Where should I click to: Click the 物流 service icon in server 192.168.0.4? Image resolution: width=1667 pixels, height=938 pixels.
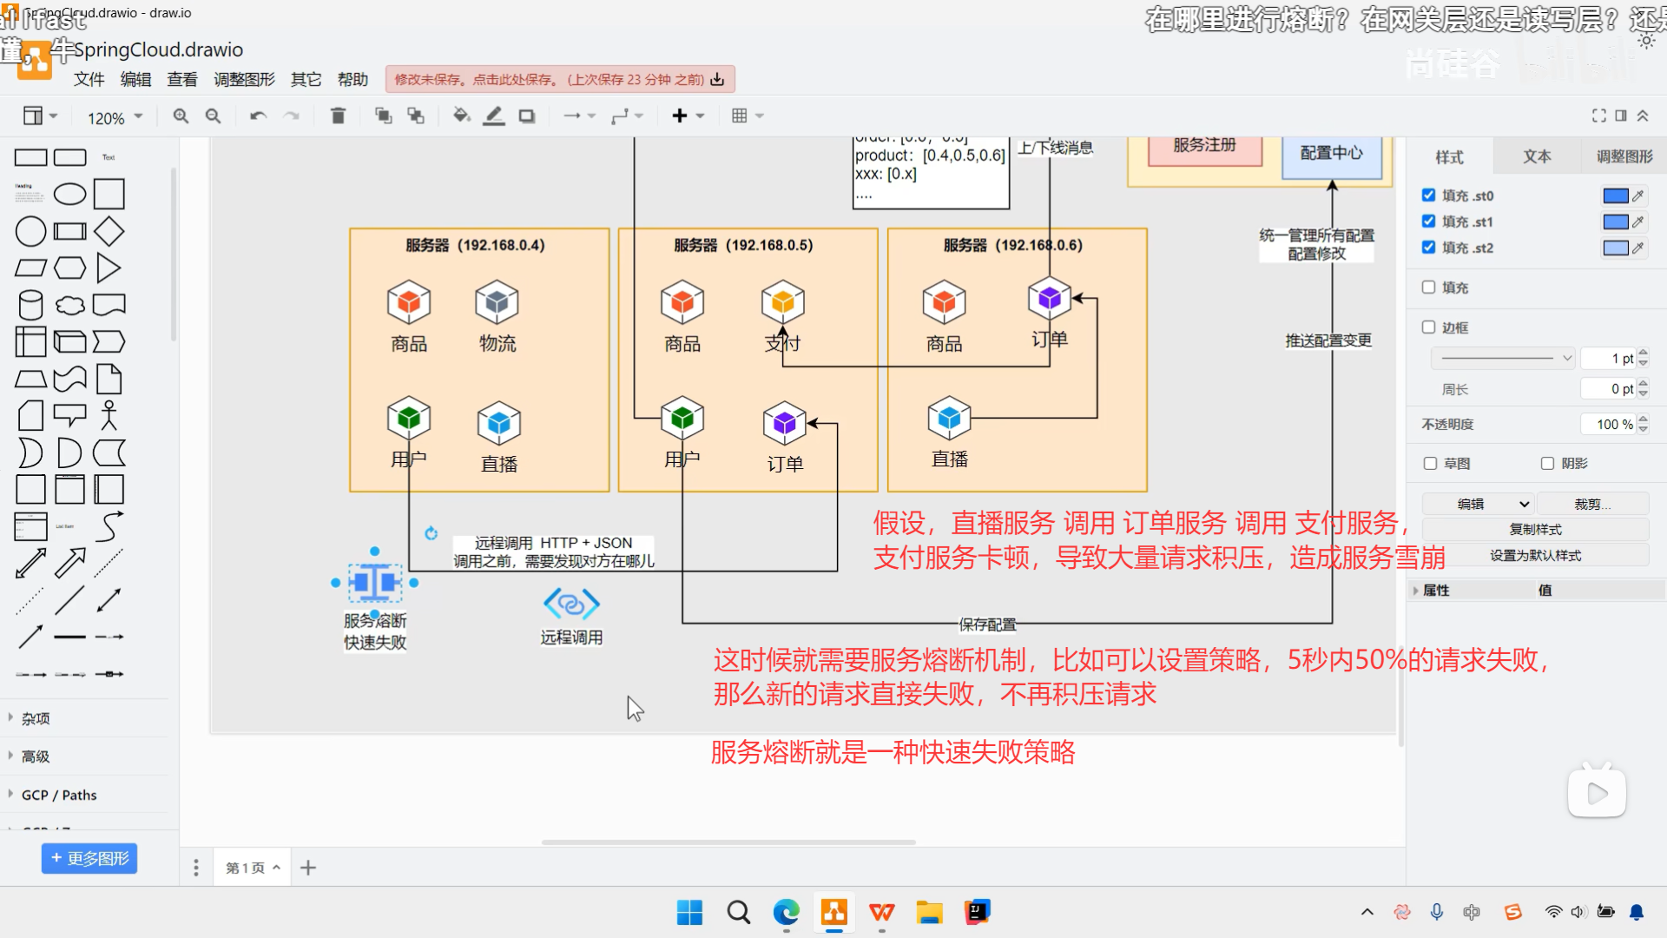coord(497,302)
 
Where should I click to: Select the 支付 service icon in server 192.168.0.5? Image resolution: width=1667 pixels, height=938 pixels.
coord(783,301)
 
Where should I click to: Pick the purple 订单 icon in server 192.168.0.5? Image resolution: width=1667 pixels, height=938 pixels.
coord(785,423)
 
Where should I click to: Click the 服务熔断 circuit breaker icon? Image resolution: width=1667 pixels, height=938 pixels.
coord(375,583)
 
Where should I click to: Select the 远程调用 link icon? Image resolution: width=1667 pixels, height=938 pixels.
coord(571,604)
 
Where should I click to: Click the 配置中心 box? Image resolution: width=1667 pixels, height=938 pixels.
coord(1332,154)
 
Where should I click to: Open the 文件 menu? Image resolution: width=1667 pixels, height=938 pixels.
coord(89,80)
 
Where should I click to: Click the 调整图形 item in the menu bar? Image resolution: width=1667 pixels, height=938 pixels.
coord(244,80)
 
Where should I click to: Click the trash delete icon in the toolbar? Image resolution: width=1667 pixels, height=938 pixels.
coord(339,116)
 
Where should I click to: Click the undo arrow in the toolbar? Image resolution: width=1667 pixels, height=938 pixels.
coord(258,116)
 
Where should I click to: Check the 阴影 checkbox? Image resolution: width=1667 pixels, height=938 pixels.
coord(1547,464)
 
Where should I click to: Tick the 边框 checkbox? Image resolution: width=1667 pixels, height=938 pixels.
coord(1429,327)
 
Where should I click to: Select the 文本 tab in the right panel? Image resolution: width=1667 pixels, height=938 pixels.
coord(1537,156)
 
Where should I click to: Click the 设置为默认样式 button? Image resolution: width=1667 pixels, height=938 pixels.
coord(1535,556)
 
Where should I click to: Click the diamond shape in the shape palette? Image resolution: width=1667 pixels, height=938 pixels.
coord(109,232)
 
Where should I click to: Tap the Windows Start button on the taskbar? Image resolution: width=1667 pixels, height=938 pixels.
coord(689,912)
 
